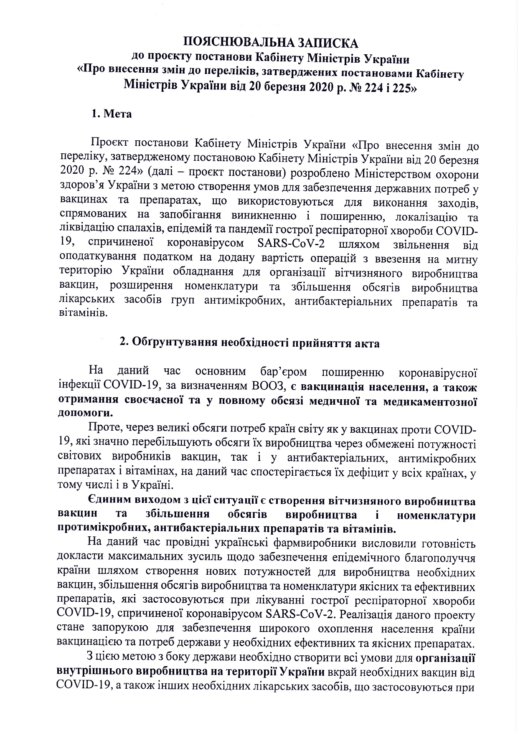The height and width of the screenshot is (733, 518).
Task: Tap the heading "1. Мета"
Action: (112, 114)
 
